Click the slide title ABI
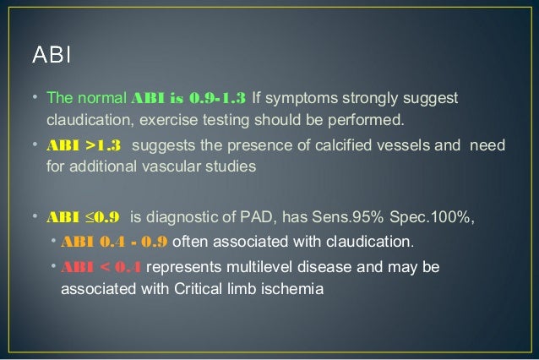52,57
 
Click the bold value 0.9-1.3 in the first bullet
216,98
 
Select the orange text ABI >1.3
83,145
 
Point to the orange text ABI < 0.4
101,268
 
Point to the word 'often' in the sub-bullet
190,242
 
